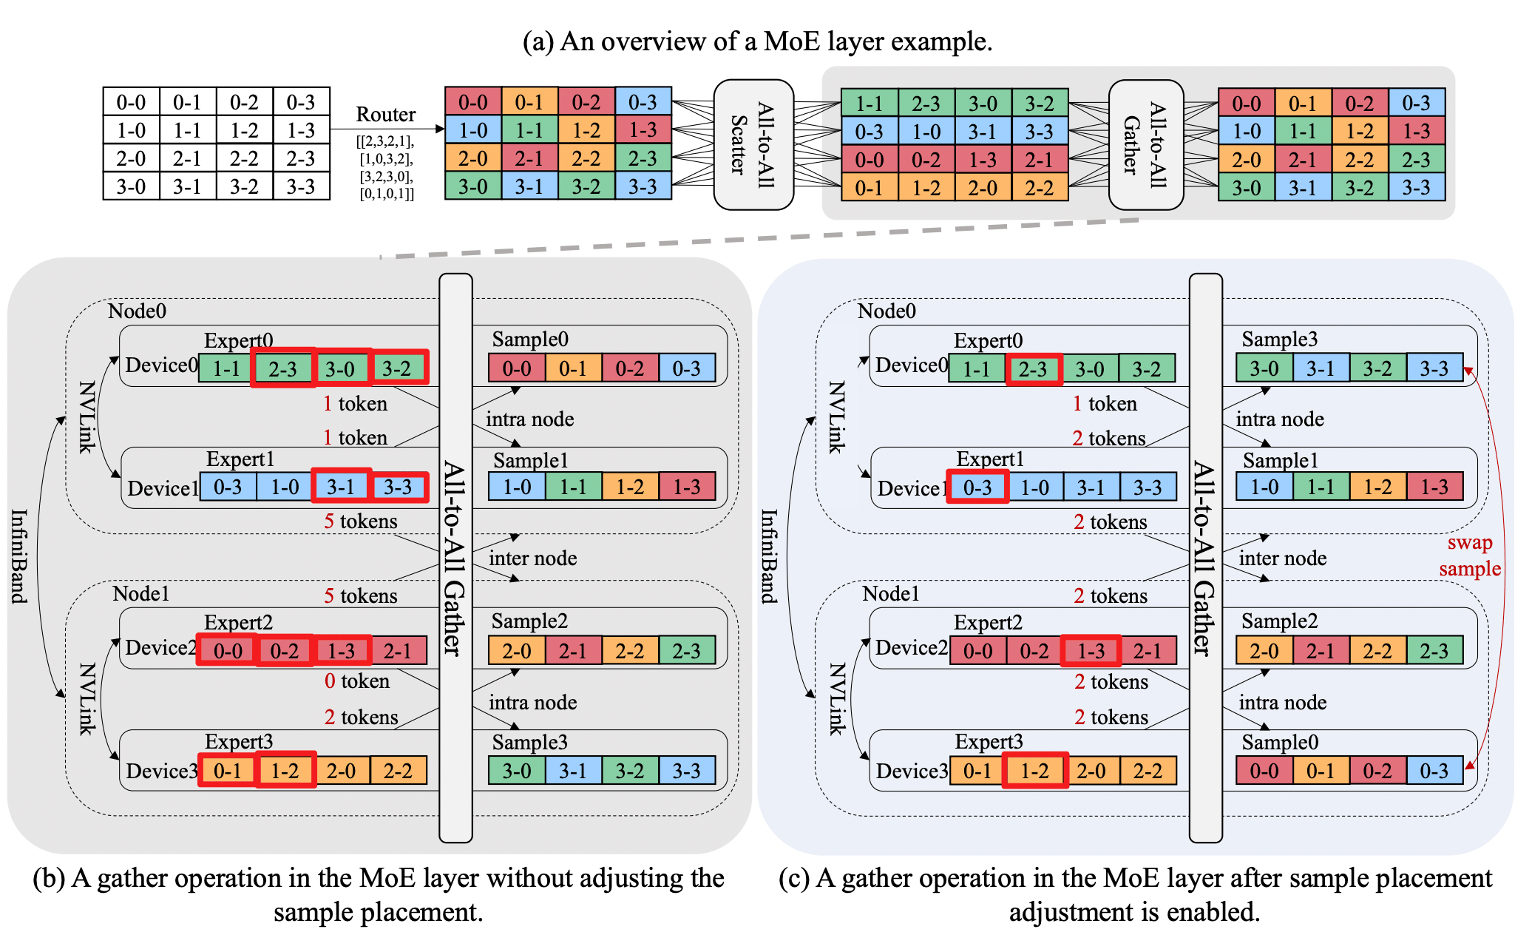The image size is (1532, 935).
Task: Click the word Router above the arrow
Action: pos(385,115)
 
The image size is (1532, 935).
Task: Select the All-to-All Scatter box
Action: pos(753,144)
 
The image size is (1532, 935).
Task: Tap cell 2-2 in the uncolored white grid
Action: pos(244,158)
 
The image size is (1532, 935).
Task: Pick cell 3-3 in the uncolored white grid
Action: pos(301,186)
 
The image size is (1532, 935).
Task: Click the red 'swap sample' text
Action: pos(1469,556)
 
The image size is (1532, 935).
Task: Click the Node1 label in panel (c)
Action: pos(890,594)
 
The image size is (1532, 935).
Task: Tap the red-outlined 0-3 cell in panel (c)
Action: pos(977,487)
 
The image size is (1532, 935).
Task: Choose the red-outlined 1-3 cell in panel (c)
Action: pos(1091,651)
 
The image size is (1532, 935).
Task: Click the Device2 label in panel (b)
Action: pos(160,648)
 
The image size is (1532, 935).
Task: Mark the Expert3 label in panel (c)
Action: pos(989,742)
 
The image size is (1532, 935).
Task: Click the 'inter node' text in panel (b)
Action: pos(532,558)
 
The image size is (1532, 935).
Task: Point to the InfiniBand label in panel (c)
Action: pos(769,556)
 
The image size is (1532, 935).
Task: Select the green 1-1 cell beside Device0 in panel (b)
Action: pos(226,368)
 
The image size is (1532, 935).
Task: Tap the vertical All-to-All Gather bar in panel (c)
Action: pos(1205,558)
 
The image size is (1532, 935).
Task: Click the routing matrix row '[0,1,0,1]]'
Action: pos(387,195)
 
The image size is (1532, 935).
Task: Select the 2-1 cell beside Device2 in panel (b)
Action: pos(398,651)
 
